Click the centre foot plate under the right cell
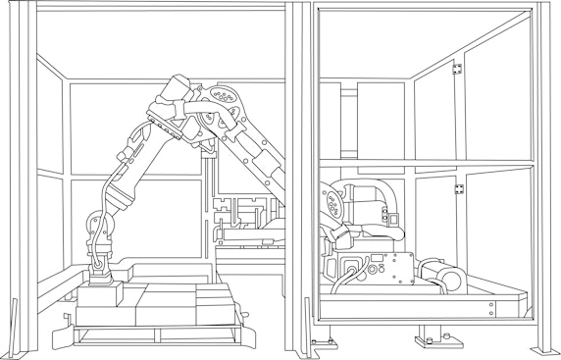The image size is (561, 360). point(433,341)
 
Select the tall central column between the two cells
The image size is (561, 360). point(298,177)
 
